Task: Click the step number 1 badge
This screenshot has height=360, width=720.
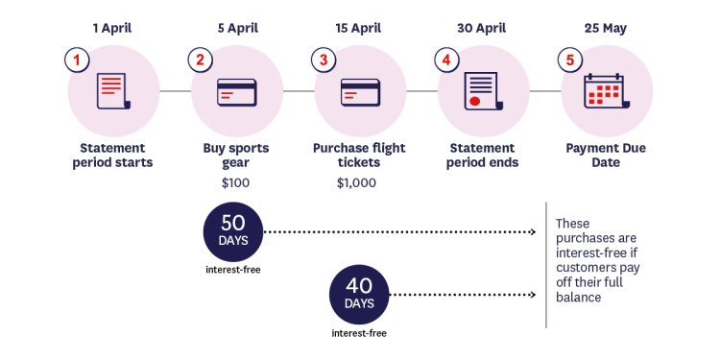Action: (77, 60)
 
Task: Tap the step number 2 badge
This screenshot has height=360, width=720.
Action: (201, 60)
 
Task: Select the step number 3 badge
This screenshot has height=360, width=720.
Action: (324, 60)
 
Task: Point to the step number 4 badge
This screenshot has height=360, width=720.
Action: (446, 60)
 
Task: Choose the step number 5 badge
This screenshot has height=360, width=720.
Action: (570, 60)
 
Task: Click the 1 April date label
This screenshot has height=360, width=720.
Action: (112, 28)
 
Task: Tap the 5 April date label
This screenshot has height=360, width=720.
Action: (236, 28)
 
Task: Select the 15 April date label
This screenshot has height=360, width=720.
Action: (359, 28)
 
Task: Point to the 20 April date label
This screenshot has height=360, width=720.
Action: (483, 28)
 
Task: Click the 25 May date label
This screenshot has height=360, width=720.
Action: (606, 28)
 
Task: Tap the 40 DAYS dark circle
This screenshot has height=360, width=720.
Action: (359, 294)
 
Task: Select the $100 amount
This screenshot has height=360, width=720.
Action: (235, 182)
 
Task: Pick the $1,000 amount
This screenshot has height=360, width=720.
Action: (356, 182)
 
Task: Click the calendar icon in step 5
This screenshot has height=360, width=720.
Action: (604, 92)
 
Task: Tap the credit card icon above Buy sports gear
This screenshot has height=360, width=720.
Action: (236, 92)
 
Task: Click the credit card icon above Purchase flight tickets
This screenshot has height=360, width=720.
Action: (360, 92)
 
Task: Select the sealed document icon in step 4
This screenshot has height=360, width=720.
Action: (483, 92)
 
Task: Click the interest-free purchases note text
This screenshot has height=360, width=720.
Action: (597, 260)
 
